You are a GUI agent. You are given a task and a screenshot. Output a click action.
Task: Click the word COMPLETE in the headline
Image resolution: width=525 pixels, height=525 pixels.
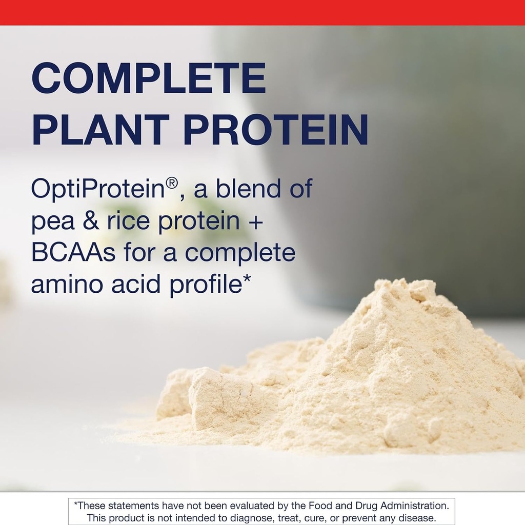click(149, 78)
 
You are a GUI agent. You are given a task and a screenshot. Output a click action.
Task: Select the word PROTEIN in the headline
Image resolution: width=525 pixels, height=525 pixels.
click(276, 130)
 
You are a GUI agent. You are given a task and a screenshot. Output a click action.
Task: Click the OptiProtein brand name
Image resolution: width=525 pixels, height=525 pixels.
click(97, 190)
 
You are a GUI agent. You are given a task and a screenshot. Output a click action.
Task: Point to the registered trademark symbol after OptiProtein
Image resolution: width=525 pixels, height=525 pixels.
click(172, 184)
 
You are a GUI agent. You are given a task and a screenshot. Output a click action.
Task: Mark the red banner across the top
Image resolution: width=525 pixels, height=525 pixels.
click(262, 12)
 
